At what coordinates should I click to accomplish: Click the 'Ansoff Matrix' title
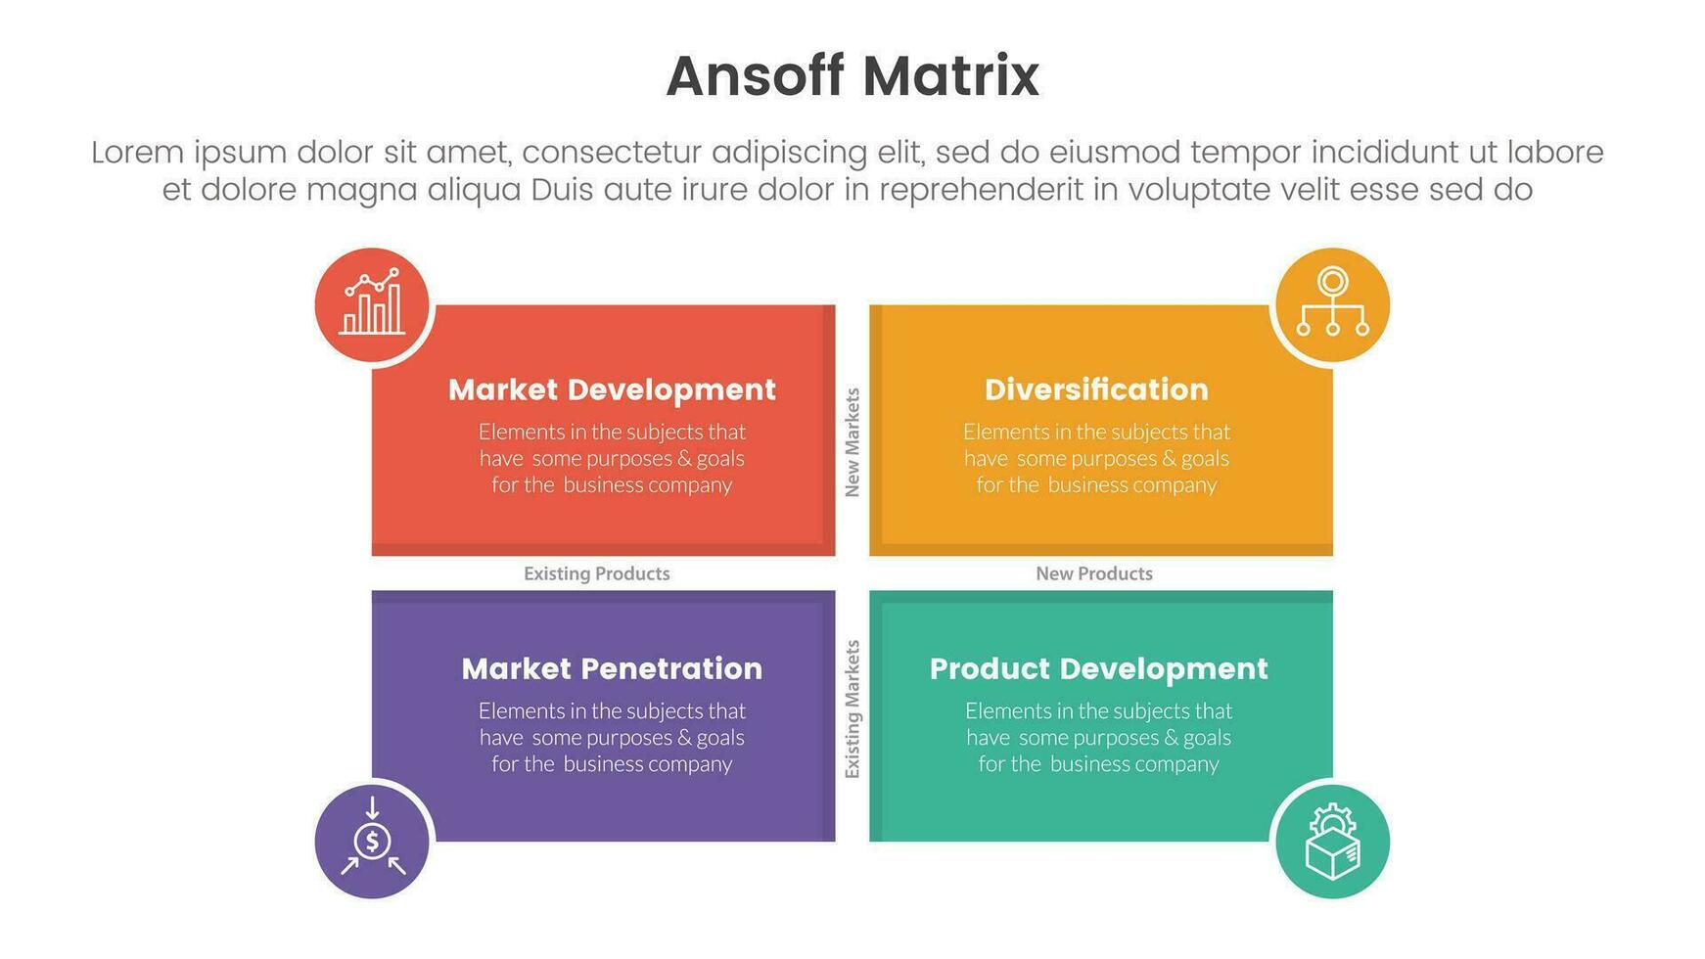pyautogui.click(x=852, y=76)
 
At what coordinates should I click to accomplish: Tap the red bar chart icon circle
pyautogui.click(x=372, y=305)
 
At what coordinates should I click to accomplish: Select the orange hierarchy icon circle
pyautogui.click(x=1332, y=305)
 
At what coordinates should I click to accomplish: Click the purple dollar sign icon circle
pyautogui.click(x=372, y=841)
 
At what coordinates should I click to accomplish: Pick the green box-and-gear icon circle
pyautogui.click(x=1332, y=841)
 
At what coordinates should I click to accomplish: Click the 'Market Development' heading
pyautogui.click(x=612, y=389)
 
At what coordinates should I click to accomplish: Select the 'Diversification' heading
pyautogui.click(x=1096, y=389)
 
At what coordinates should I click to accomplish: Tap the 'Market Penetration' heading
pyautogui.click(x=612, y=668)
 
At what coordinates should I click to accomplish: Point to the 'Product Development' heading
pyautogui.click(x=1098, y=668)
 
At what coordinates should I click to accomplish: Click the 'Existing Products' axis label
pyautogui.click(x=597, y=573)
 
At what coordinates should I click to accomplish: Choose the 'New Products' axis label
pyautogui.click(x=1094, y=573)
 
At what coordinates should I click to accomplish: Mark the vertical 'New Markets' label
pyautogui.click(x=852, y=442)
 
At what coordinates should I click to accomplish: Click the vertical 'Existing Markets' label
pyautogui.click(x=852, y=709)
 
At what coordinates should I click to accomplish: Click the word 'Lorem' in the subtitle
pyautogui.click(x=138, y=153)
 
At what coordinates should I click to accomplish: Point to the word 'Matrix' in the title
pyautogui.click(x=950, y=76)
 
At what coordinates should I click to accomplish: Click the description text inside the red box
pyautogui.click(x=612, y=458)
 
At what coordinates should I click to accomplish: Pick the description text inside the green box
pyautogui.click(x=1098, y=737)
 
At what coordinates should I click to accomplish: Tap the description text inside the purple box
pyautogui.click(x=612, y=737)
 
